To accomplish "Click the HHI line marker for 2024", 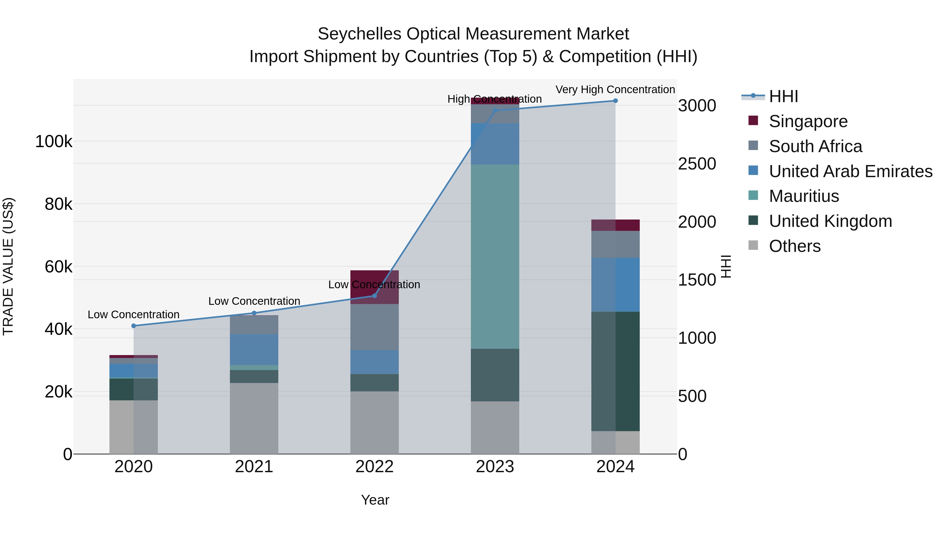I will (615, 101).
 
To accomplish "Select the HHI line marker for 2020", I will (133, 326).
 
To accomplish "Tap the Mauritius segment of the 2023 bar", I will (495, 256).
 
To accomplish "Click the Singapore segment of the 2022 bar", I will (374, 287).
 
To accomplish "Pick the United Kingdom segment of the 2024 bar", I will (615, 371).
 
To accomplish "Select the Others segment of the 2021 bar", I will (254, 418).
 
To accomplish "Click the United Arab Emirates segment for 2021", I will (254, 350).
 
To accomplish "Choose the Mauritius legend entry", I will (804, 196).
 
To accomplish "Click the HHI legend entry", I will (783, 96).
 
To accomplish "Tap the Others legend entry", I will (794, 246).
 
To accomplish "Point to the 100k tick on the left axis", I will (54, 142).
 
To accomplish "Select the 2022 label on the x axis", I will (374, 467).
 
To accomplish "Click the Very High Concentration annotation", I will (615, 89).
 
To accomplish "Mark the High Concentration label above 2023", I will (495, 99).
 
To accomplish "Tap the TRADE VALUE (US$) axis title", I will (8, 266).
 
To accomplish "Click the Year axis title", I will (375, 500).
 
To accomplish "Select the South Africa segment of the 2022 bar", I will (374, 327).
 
